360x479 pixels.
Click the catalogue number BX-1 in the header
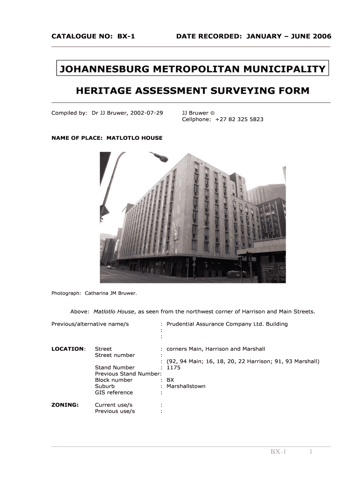tap(126, 36)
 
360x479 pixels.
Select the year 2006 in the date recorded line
tap(321, 36)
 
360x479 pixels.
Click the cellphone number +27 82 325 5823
tap(239, 119)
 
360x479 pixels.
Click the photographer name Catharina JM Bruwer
tap(110, 293)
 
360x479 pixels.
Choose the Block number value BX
tap(170, 380)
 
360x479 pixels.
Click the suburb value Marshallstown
tap(186, 386)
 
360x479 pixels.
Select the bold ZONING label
tap(65, 405)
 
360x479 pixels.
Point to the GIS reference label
tap(114, 392)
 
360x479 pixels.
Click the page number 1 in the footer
tap(310, 452)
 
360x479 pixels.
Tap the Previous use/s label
tap(115, 411)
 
